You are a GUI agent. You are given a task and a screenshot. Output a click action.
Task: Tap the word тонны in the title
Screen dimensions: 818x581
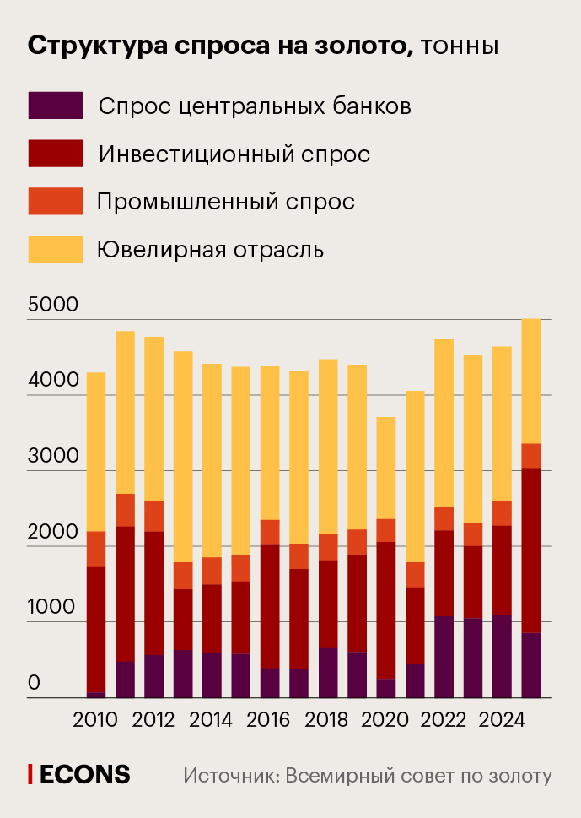pyautogui.click(x=459, y=46)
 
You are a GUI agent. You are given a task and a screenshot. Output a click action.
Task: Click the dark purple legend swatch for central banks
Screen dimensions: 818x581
pyautogui.click(x=56, y=106)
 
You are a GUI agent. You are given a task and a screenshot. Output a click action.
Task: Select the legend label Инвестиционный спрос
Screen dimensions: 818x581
pyautogui.click(x=234, y=154)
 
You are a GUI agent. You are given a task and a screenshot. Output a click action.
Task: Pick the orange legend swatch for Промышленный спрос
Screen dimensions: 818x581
pyautogui.click(x=56, y=201)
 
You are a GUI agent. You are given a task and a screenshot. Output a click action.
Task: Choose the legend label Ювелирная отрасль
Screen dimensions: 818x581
pyautogui.click(x=210, y=250)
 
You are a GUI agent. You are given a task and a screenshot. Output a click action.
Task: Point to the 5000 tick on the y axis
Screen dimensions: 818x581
pyautogui.click(x=53, y=305)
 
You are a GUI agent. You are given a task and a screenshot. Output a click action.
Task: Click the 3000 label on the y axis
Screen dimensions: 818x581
pyautogui.click(x=53, y=456)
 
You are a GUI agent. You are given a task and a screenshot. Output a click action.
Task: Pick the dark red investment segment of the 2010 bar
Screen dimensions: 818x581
pyautogui.click(x=96, y=629)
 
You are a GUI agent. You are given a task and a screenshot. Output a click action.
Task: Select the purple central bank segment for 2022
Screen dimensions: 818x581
pyautogui.click(x=443, y=657)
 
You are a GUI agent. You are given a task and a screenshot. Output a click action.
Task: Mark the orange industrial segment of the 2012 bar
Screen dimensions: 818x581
pyautogui.click(x=153, y=516)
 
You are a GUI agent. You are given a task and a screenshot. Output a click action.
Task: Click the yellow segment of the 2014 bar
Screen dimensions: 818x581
pyautogui.click(x=211, y=460)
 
